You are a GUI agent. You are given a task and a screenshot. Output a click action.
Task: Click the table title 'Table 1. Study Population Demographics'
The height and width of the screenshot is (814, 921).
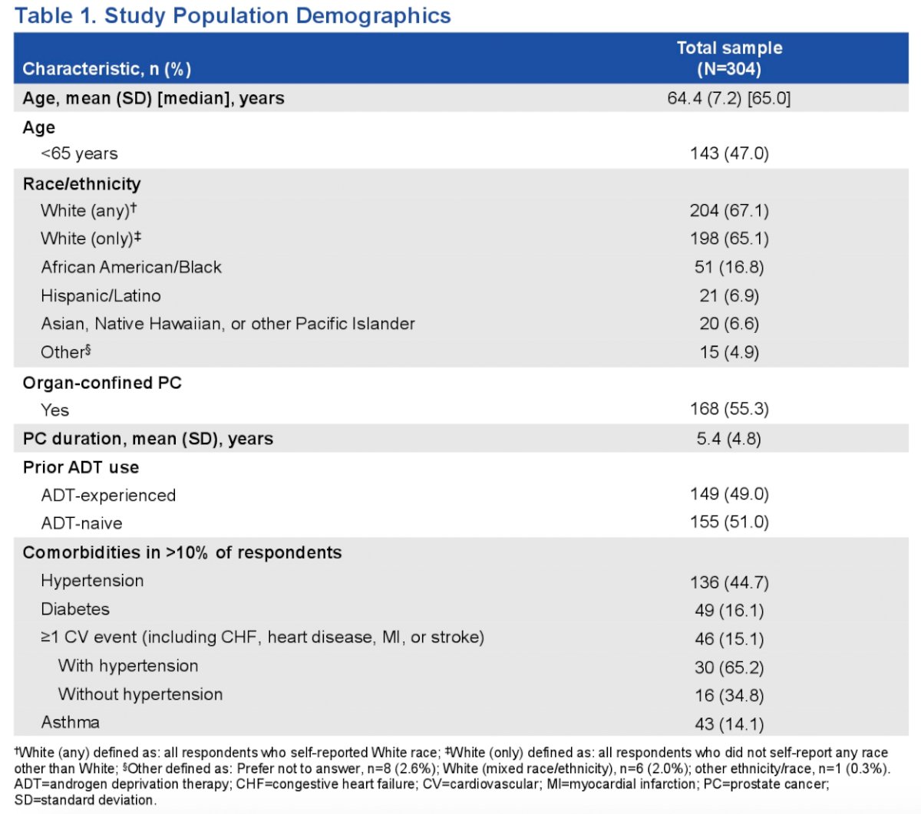click(x=233, y=16)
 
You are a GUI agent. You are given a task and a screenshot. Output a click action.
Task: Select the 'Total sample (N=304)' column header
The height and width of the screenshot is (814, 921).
click(x=729, y=58)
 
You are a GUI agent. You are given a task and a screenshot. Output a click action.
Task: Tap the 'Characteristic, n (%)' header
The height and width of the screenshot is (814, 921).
click(x=107, y=69)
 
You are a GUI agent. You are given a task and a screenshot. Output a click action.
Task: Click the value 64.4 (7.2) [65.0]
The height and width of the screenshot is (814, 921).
click(x=728, y=98)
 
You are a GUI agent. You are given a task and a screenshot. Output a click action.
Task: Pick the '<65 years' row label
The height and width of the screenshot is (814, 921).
click(x=79, y=153)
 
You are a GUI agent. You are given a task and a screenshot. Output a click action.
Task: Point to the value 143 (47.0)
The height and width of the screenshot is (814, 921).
click(x=729, y=153)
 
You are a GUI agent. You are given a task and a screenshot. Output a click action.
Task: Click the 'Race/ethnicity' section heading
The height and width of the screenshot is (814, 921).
click(x=82, y=183)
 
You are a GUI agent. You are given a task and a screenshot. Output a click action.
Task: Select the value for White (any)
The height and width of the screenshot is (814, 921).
click(x=729, y=210)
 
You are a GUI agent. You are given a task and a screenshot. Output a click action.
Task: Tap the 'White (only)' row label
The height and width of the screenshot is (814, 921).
click(x=91, y=238)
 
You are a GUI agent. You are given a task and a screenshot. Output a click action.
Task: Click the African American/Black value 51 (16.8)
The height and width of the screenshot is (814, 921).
click(x=729, y=267)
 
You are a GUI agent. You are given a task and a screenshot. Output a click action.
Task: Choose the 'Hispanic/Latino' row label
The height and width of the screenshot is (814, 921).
click(x=101, y=296)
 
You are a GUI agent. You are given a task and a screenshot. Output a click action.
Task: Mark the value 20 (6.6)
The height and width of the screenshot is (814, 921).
click(x=729, y=324)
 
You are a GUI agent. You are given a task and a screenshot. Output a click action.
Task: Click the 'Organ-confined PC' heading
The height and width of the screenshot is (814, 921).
click(x=102, y=383)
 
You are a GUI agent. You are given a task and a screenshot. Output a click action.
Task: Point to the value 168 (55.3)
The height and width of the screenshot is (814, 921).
click(x=729, y=409)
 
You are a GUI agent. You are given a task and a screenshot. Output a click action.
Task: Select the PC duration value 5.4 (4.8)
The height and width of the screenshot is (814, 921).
click(x=728, y=439)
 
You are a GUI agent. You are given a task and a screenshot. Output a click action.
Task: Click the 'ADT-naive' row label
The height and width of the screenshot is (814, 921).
click(x=82, y=523)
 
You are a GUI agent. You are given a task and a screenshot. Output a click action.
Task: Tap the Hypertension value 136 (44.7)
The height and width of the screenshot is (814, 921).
click(x=729, y=582)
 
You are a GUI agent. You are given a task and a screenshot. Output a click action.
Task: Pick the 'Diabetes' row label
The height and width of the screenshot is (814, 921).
click(x=75, y=609)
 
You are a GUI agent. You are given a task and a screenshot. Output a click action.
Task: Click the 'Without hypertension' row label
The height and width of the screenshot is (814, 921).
click(x=140, y=694)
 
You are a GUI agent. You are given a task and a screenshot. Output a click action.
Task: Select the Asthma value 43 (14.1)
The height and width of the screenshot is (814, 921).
click(x=729, y=723)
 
